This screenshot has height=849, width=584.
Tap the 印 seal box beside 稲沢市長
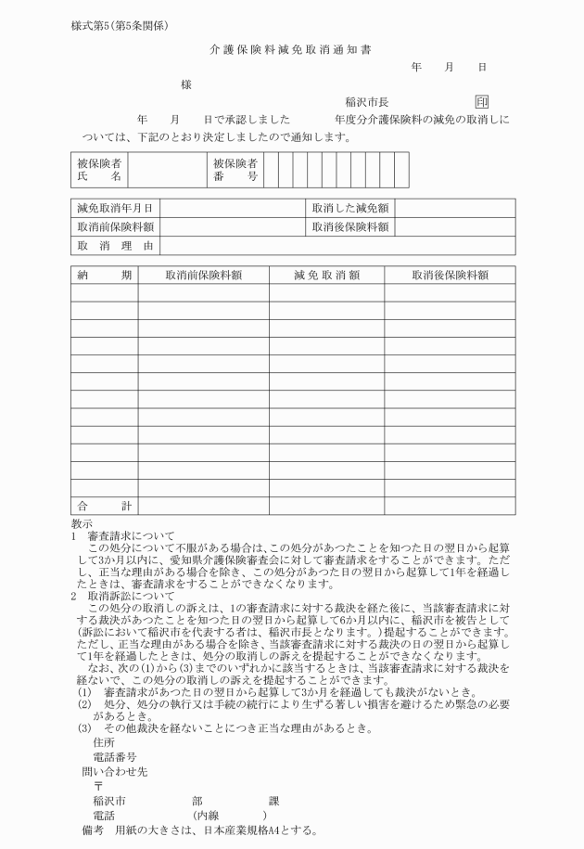[x=481, y=102]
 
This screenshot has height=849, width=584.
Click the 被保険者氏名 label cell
[x=100, y=170]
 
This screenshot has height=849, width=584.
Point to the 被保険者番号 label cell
[x=235, y=170]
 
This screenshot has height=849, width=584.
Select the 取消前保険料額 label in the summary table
[x=115, y=227]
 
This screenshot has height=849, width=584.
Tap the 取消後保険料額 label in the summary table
[x=349, y=227]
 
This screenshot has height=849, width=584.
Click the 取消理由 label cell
[x=115, y=246]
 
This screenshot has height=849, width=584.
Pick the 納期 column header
[x=104, y=275]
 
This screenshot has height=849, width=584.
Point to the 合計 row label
[x=104, y=506]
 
